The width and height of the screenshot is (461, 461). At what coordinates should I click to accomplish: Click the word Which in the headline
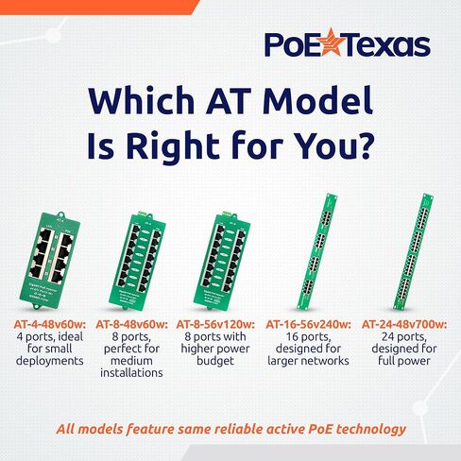(142, 101)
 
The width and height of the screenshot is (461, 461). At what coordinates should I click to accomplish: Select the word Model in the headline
(316, 101)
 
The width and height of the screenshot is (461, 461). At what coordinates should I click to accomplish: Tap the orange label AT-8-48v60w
(136, 324)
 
